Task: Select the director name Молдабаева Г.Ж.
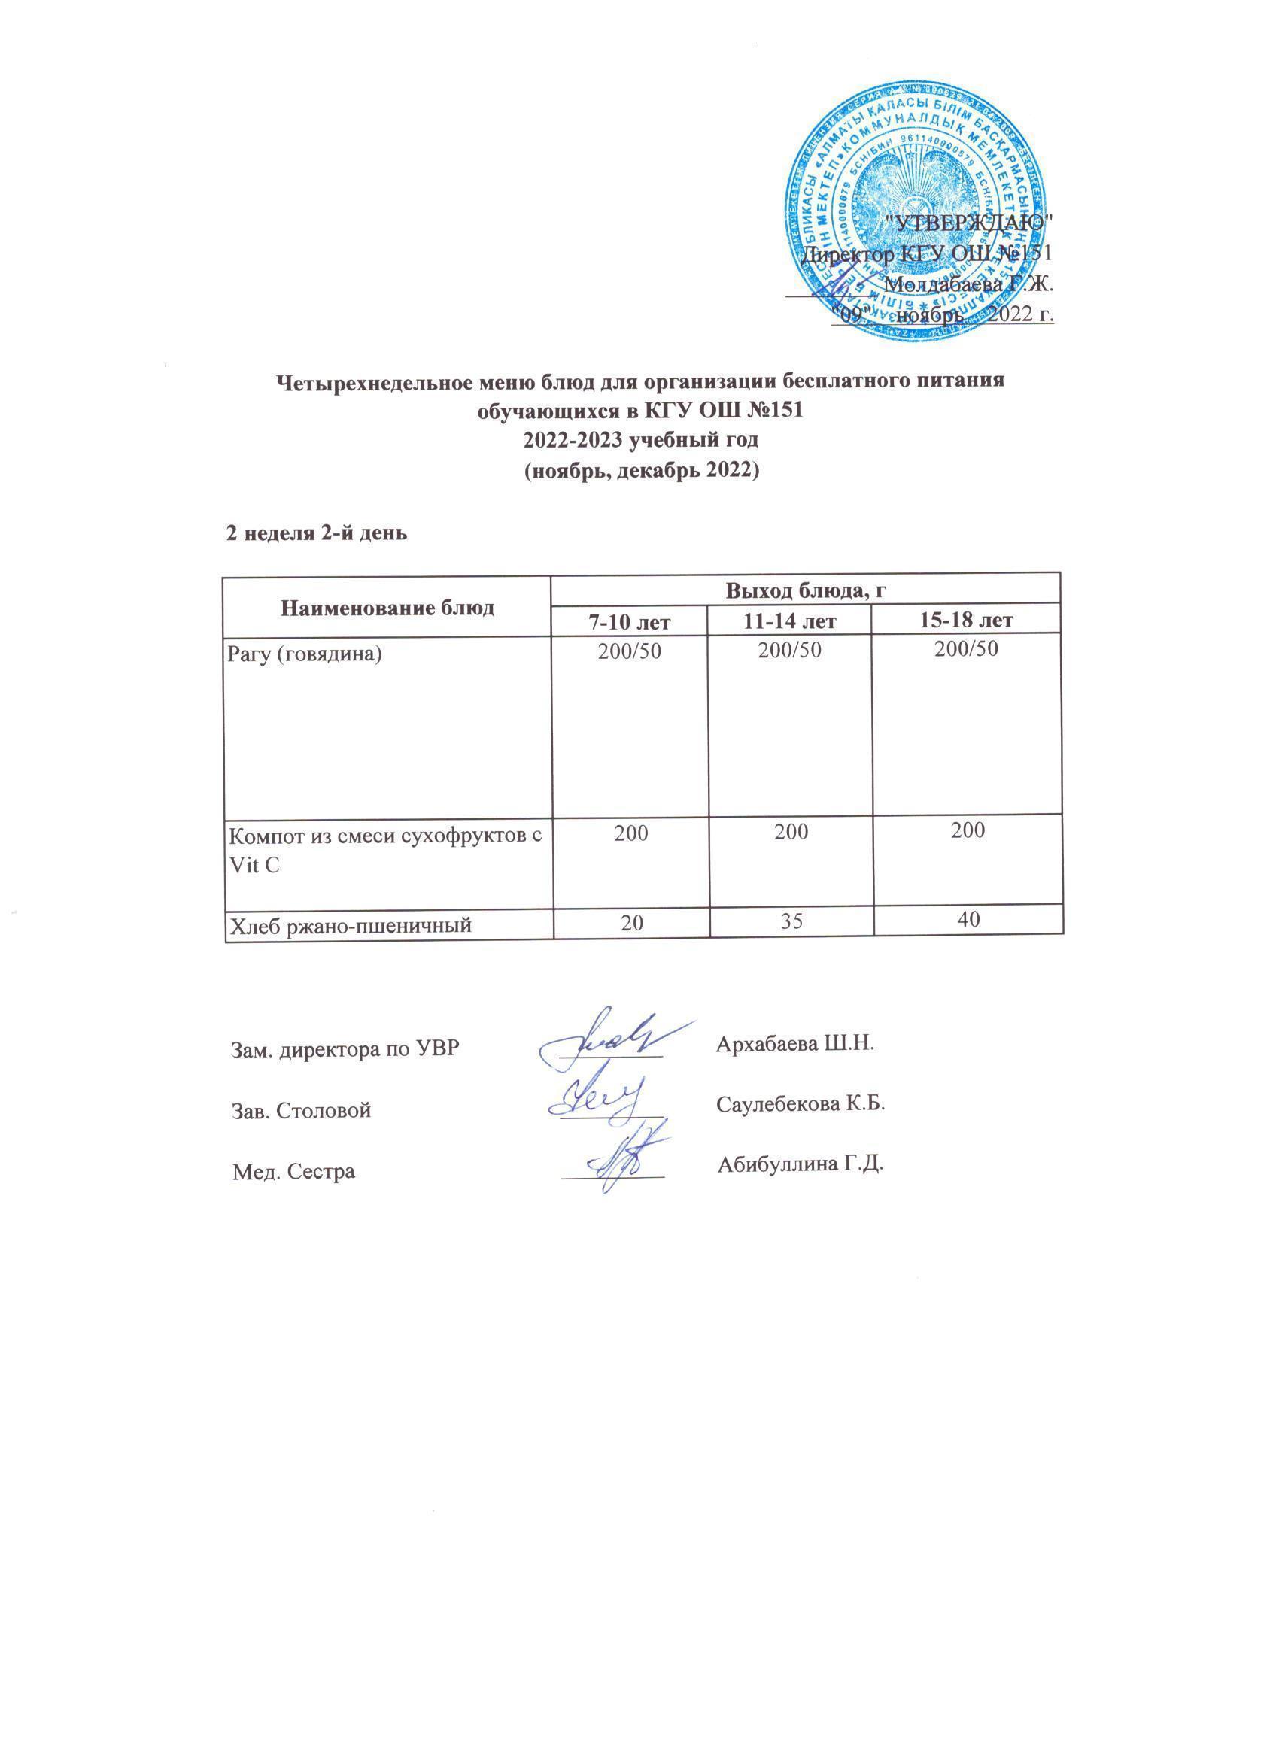click(968, 285)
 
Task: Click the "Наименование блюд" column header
click(387, 608)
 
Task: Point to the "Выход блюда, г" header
click(806, 590)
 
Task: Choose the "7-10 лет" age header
click(630, 621)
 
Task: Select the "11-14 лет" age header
click(791, 621)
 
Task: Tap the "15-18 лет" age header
click(966, 621)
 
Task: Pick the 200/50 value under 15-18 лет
click(966, 649)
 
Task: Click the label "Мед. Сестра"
click(294, 1171)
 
